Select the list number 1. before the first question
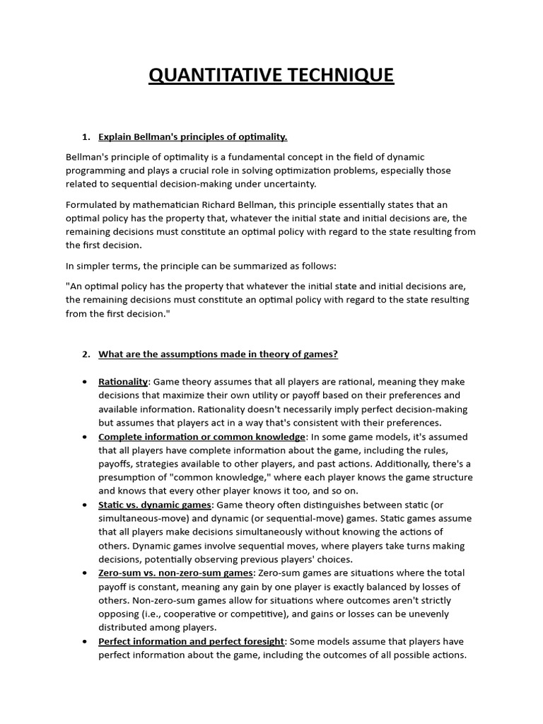pyautogui.click(x=86, y=136)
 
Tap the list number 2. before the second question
pyautogui.click(x=86, y=354)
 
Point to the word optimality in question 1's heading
pyautogui.click(x=262, y=136)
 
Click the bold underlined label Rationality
pyautogui.click(x=123, y=382)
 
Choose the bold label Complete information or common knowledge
pyautogui.click(x=202, y=437)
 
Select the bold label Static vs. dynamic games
pyautogui.click(x=154, y=505)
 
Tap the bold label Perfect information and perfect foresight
pyautogui.click(x=191, y=641)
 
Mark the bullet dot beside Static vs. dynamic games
pyautogui.click(x=85, y=505)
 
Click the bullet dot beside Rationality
pyautogui.click(x=85, y=382)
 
